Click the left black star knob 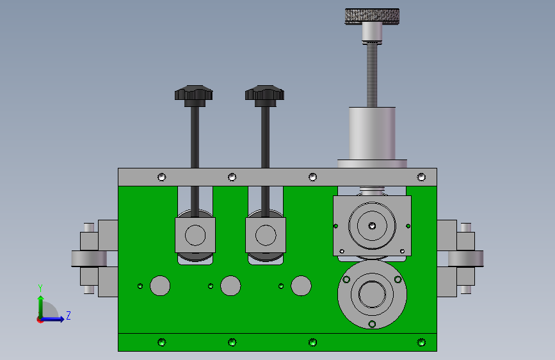[x=193, y=95]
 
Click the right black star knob [x=264, y=95]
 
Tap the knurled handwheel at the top [x=372, y=16]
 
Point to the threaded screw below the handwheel [x=372, y=74]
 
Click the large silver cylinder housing [x=372, y=133]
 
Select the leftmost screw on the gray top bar [x=161, y=177]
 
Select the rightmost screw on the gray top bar [x=421, y=177]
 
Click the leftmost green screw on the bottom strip [x=161, y=342]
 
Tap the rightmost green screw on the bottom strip [x=421, y=342]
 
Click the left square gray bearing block [x=195, y=235]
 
